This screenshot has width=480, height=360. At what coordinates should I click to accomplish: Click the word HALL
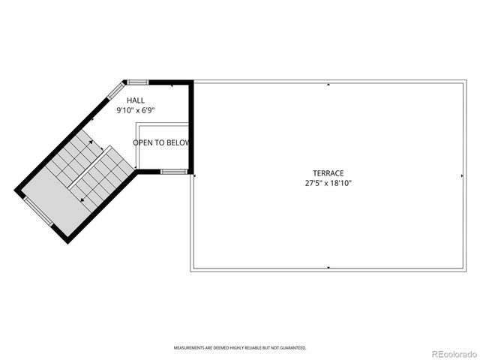(x=136, y=100)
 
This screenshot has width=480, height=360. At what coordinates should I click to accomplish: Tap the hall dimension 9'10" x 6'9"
(x=136, y=110)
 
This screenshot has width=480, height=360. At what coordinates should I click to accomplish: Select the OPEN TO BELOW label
(x=161, y=142)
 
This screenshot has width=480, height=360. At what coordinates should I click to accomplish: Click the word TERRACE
(x=328, y=173)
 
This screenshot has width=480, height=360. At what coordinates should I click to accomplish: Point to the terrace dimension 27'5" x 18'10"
(x=328, y=183)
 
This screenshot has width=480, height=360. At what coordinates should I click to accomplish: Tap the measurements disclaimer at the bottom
(x=240, y=348)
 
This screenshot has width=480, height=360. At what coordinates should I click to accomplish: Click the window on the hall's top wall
(x=137, y=82)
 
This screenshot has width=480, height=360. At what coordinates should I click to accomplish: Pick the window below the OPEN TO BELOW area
(x=173, y=172)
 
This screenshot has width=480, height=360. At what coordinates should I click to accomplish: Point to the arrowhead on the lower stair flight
(x=80, y=200)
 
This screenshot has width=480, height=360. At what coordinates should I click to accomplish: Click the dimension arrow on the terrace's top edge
(x=328, y=85)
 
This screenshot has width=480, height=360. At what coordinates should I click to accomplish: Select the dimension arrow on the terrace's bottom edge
(x=328, y=267)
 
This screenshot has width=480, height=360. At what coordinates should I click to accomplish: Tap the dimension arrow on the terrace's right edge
(x=461, y=176)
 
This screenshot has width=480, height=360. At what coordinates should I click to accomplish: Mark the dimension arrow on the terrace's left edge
(x=195, y=176)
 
